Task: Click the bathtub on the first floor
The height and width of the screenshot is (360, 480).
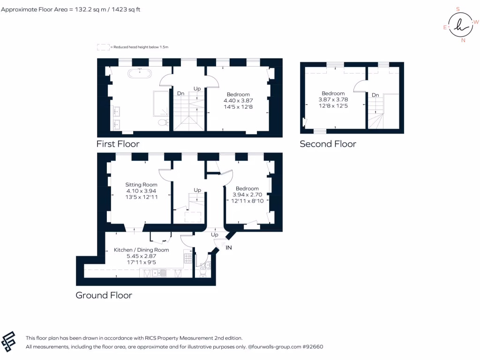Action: tap(139, 74)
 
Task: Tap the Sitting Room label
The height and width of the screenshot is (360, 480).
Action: tap(141, 185)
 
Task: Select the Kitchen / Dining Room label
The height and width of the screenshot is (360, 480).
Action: tap(141, 250)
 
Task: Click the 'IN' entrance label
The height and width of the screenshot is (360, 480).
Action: tap(229, 247)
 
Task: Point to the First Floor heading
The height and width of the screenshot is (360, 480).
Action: tap(118, 144)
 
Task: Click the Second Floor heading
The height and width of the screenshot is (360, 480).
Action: tap(328, 144)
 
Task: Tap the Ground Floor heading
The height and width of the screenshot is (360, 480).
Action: tap(104, 295)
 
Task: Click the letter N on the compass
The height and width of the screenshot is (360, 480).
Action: tap(463, 40)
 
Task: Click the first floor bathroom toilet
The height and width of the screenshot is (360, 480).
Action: tap(163, 123)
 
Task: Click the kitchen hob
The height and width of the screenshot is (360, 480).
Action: tap(187, 259)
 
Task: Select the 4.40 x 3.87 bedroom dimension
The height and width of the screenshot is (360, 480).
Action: tap(238, 100)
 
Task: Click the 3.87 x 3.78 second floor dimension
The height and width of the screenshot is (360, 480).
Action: tap(333, 99)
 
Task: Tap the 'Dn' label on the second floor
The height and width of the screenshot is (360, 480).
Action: tap(375, 95)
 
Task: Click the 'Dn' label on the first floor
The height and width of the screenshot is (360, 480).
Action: tap(180, 93)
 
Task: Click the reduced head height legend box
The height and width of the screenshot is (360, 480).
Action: tap(103, 47)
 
